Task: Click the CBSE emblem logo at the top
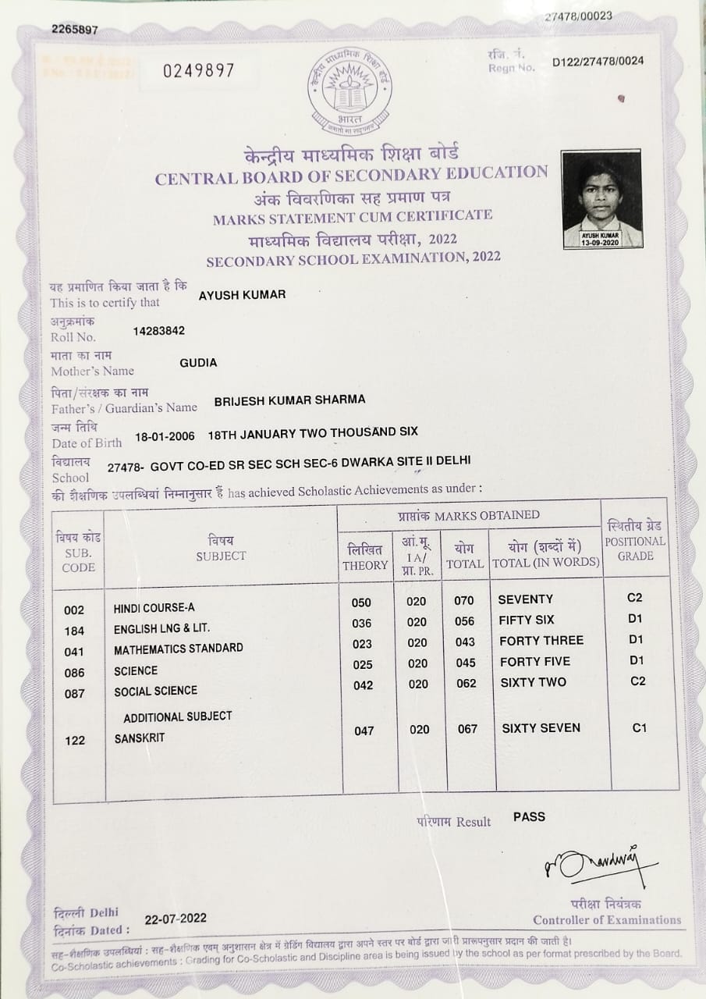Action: [349, 93]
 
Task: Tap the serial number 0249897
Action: [198, 71]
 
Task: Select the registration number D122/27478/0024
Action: [598, 62]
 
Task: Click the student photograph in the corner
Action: [602, 198]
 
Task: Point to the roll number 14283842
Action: [159, 330]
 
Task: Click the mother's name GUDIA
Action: [198, 363]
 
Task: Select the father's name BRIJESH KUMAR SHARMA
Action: [289, 400]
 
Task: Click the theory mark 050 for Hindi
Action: [362, 603]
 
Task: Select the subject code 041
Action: [75, 651]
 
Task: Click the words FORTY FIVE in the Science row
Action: [534, 662]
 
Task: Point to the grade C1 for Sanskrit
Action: [640, 728]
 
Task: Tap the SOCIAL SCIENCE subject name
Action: [155, 691]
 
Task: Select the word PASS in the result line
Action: [529, 817]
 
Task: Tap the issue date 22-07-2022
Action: [176, 918]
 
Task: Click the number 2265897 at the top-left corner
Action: [75, 30]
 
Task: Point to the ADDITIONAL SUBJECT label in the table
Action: [177, 716]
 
